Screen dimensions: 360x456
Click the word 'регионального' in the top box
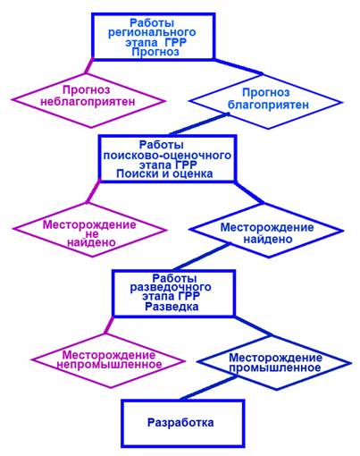(x=152, y=32)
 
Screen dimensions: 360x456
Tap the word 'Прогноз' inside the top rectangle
(x=155, y=52)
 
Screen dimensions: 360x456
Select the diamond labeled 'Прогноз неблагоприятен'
(x=88, y=101)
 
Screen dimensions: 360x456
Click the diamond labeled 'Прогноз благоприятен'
(x=266, y=102)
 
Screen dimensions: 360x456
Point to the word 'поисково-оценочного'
(x=167, y=156)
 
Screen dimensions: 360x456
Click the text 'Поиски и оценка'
(x=164, y=173)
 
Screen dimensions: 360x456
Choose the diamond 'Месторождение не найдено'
(x=89, y=230)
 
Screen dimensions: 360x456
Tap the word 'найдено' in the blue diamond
(x=268, y=239)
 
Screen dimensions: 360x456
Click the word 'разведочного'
(x=171, y=288)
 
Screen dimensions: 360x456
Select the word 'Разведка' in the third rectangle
(x=172, y=307)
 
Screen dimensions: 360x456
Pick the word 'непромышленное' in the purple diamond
(x=109, y=364)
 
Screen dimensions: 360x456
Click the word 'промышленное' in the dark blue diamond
(x=275, y=367)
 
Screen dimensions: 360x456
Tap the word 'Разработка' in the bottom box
(x=180, y=423)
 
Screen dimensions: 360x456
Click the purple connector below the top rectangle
(x=89, y=66)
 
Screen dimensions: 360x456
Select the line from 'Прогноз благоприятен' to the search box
(x=198, y=123)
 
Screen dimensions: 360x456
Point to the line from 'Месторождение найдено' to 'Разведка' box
(x=202, y=257)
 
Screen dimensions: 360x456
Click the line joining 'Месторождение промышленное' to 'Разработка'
(x=209, y=387)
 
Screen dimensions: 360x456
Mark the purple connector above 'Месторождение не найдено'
(x=94, y=191)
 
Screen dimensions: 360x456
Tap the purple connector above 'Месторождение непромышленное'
(x=109, y=325)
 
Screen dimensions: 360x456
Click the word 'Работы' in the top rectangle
(x=152, y=23)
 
